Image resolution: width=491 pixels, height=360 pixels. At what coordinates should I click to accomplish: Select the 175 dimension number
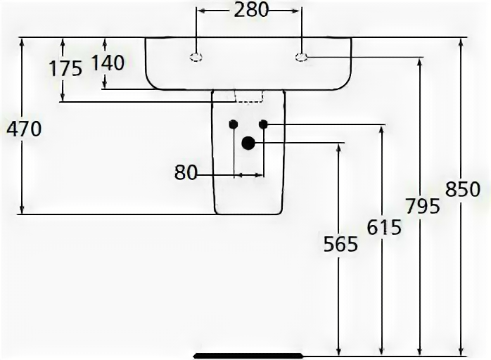[65, 67]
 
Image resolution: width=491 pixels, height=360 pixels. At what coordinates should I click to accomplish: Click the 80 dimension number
[186, 172]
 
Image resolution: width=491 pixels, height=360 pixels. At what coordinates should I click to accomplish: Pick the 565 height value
[340, 244]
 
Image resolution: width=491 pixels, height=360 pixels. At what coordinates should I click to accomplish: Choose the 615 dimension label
[383, 226]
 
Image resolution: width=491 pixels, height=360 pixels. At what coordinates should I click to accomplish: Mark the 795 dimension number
[422, 206]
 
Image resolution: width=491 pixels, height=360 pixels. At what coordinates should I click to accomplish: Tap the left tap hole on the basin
[197, 56]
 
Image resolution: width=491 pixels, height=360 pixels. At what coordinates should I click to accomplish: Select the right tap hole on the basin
[302, 56]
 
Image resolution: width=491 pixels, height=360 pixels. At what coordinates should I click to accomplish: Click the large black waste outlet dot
[248, 143]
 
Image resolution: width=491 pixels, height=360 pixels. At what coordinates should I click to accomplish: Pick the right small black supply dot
[263, 124]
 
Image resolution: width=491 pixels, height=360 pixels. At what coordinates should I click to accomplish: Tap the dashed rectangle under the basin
[247, 96]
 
